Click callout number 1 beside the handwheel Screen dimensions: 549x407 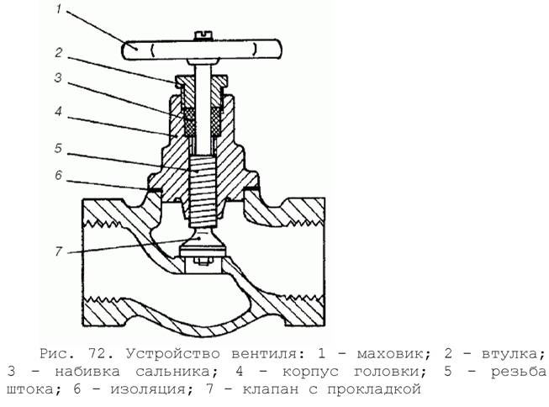click(x=59, y=9)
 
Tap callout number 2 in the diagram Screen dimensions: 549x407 click(x=59, y=53)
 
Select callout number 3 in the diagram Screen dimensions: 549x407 click(x=58, y=77)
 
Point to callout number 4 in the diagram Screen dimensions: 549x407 click(x=58, y=111)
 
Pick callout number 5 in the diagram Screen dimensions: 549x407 click(x=58, y=148)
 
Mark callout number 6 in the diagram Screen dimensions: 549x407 click(x=58, y=175)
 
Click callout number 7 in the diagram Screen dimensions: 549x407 click(x=58, y=251)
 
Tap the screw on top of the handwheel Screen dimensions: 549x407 click(x=203, y=34)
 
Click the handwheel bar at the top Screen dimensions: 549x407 click(x=202, y=50)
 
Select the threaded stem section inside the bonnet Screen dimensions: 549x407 click(x=203, y=191)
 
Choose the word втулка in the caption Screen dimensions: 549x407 click(x=514, y=354)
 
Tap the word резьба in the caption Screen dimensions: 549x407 click(x=519, y=372)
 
